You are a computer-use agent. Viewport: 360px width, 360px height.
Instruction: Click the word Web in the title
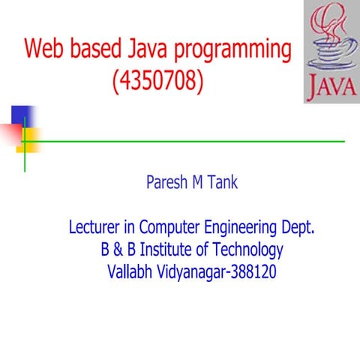[x=43, y=48]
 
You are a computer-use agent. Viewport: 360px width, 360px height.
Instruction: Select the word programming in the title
[x=232, y=50]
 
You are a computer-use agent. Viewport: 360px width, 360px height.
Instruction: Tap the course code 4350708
[x=158, y=80]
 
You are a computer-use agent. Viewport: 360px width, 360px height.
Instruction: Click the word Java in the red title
[x=147, y=48]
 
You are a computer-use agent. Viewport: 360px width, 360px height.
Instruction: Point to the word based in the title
[x=96, y=48]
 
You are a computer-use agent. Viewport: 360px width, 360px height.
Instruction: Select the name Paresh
[x=166, y=181]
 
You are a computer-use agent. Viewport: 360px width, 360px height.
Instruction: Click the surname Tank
[x=223, y=181]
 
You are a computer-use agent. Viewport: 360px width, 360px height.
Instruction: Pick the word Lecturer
[x=94, y=226]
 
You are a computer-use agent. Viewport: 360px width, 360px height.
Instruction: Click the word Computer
[x=169, y=227]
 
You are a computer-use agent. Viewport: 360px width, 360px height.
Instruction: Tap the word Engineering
[x=241, y=228]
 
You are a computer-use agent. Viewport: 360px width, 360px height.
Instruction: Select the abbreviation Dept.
[x=298, y=227]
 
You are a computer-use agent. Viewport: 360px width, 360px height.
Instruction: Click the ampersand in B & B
[x=118, y=249]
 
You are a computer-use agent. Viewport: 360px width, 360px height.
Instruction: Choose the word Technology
[x=248, y=250]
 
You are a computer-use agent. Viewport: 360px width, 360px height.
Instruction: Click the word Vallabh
[x=130, y=271]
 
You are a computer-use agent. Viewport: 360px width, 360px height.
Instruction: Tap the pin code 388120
[x=253, y=271]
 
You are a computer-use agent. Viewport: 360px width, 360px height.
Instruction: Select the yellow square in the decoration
[x=28, y=140]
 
